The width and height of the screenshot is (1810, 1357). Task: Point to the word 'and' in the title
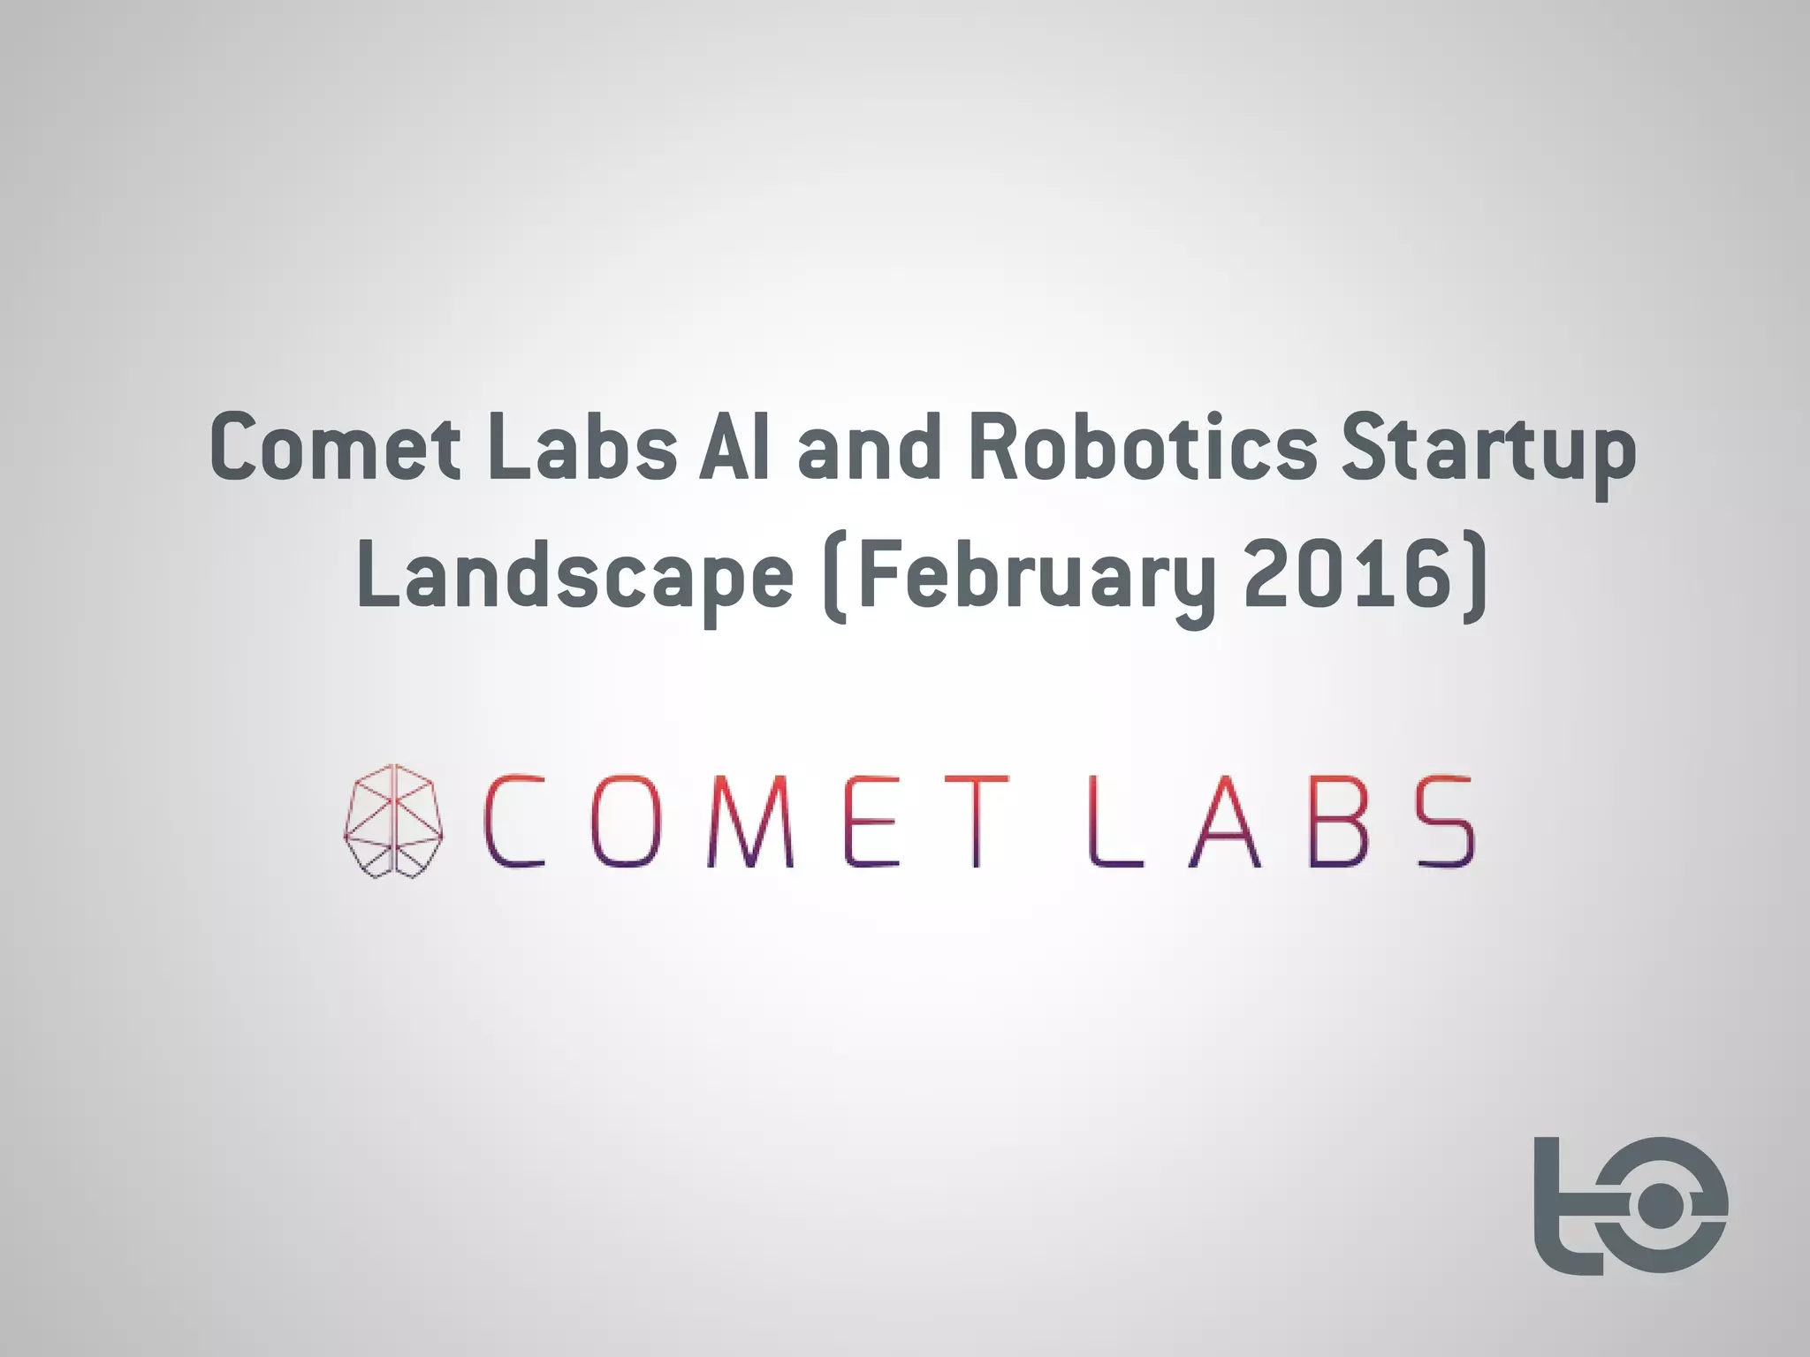[x=870, y=447]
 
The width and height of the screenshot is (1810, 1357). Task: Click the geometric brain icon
[x=393, y=821]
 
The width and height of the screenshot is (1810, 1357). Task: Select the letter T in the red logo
[x=977, y=821]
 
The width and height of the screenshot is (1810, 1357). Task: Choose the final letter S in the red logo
[x=1446, y=821]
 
